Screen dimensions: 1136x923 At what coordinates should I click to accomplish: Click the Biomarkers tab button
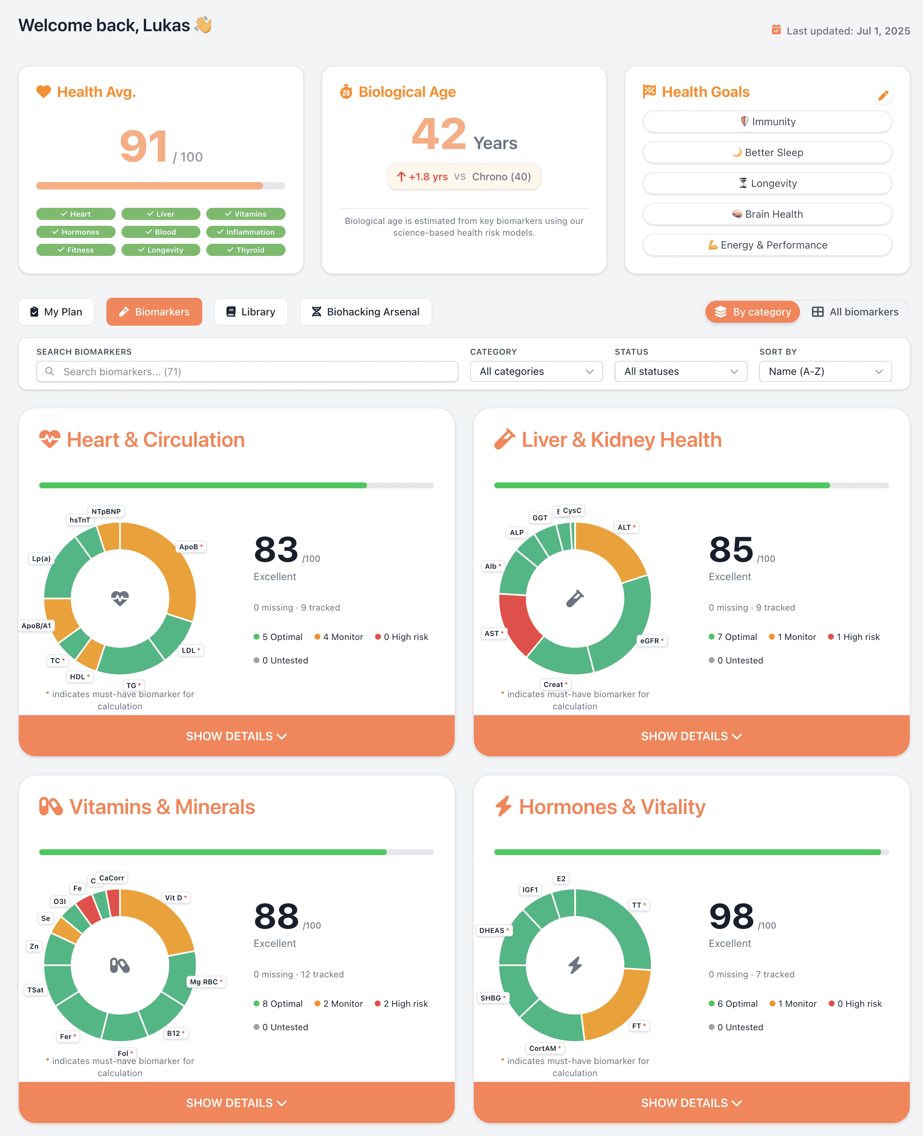tap(154, 312)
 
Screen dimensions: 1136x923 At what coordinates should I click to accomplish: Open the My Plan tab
tap(57, 312)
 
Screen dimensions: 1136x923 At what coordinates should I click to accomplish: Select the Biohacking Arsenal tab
tap(366, 312)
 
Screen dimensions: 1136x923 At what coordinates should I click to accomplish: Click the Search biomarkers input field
tap(247, 371)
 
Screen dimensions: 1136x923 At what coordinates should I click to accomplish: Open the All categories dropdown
tap(536, 371)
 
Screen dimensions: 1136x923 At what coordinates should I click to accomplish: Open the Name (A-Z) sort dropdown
tap(825, 371)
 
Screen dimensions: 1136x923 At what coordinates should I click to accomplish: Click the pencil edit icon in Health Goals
tap(883, 96)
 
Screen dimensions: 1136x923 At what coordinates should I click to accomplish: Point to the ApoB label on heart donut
tap(190, 547)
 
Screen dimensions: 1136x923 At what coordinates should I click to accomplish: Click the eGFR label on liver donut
tap(651, 641)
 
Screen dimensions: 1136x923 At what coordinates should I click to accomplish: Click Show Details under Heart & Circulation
tap(237, 736)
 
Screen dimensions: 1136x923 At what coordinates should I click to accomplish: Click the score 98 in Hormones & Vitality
tap(731, 916)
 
